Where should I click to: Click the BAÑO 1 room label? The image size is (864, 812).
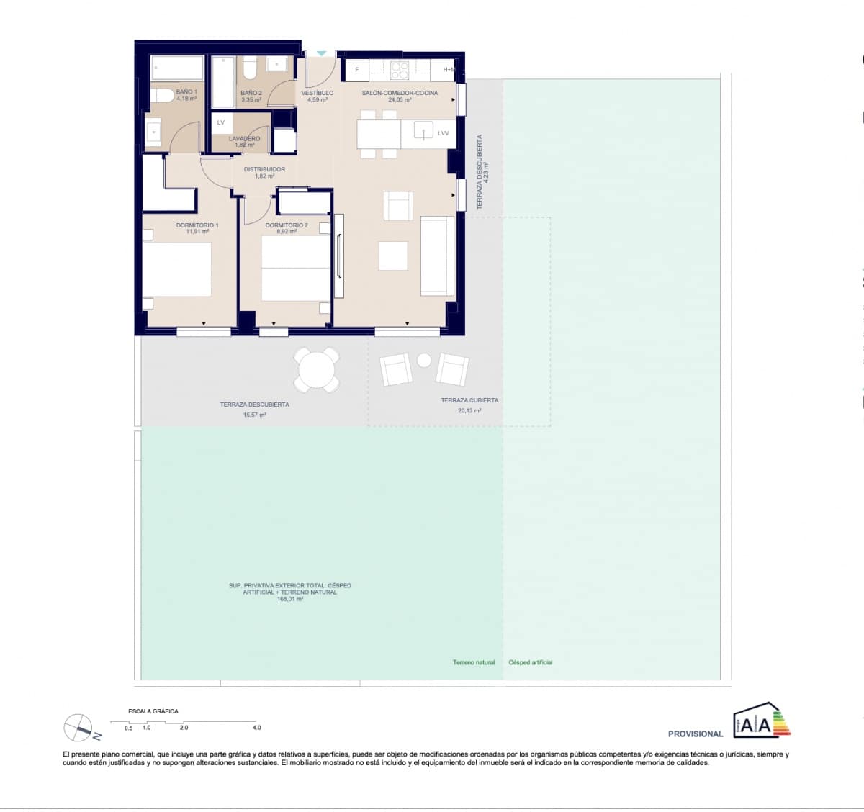pyautogui.click(x=186, y=92)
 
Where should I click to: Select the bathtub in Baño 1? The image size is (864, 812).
pyautogui.click(x=178, y=69)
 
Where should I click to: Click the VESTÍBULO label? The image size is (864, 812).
pyautogui.click(x=317, y=93)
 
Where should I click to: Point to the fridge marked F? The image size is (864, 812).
pyautogui.click(x=356, y=70)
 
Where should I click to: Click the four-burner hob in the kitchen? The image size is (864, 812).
pyautogui.click(x=400, y=70)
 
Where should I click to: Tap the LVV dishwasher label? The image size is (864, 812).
pyautogui.click(x=443, y=133)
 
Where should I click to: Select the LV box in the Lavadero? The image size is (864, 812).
pyautogui.click(x=221, y=122)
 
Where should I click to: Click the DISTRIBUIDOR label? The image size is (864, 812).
pyautogui.click(x=264, y=170)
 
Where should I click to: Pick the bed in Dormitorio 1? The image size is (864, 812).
pyautogui.click(x=177, y=269)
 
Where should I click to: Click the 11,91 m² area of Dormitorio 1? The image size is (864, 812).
pyautogui.click(x=197, y=232)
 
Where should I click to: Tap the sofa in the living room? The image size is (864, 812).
pyautogui.click(x=437, y=255)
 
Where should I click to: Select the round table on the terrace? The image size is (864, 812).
pyautogui.click(x=318, y=370)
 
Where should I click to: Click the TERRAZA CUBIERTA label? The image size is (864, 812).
pyautogui.click(x=469, y=400)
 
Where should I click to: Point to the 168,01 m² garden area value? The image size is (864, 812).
pyautogui.click(x=289, y=599)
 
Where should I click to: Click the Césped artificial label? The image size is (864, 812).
pyautogui.click(x=531, y=662)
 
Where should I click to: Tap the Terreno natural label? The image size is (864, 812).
pyautogui.click(x=474, y=662)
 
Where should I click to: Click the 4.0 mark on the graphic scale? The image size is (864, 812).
pyautogui.click(x=256, y=728)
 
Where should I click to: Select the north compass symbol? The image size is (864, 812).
pyautogui.click(x=78, y=728)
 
